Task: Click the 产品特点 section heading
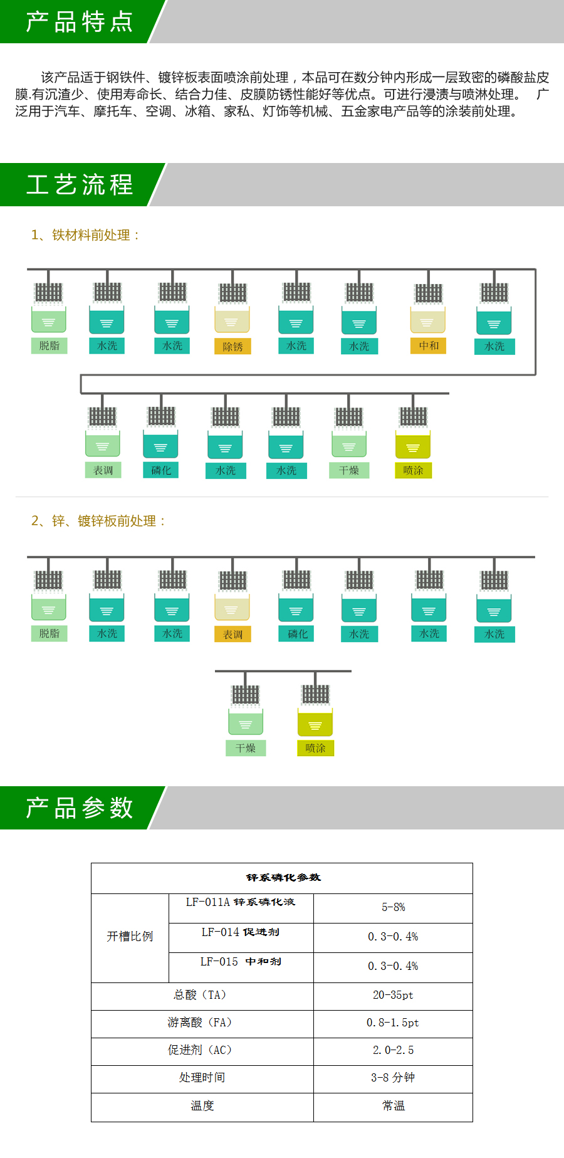pyautogui.click(x=80, y=22)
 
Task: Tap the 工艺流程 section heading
pyautogui.click(x=80, y=184)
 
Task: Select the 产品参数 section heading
pyautogui.click(x=80, y=808)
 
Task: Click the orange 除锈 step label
pyautogui.click(x=232, y=347)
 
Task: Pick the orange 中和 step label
pyautogui.click(x=429, y=345)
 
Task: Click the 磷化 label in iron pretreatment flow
pyautogui.click(x=161, y=470)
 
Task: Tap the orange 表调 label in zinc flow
pyautogui.click(x=232, y=634)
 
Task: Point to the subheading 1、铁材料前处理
pyautogui.click(x=86, y=235)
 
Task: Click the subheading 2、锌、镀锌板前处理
pyautogui.click(x=99, y=521)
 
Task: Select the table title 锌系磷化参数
pyautogui.click(x=283, y=878)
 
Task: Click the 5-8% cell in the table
pyautogui.click(x=393, y=907)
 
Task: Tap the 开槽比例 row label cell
pyautogui.click(x=130, y=937)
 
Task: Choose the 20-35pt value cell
pyautogui.click(x=393, y=995)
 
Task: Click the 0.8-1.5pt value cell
pyautogui.click(x=393, y=1023)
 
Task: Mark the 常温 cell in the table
pyautogui.click(x=393, y=1106)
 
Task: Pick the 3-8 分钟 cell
pyautogui.click(x=393, y=1078)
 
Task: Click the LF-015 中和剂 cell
pyautogui.click(x=241, y=962)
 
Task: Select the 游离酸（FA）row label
pyautogui.click(x=202, y=1023)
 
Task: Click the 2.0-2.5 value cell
pyautogui.click(x=393, y=1050)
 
